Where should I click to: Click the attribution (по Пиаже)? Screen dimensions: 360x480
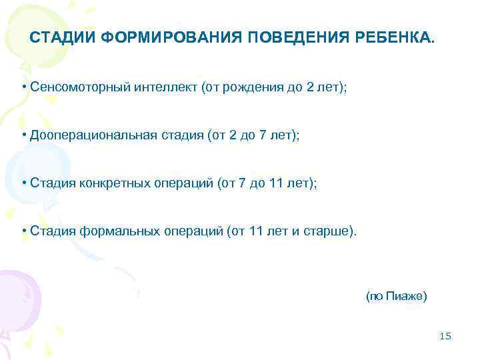tap(396, 295)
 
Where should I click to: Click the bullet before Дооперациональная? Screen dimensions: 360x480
tap(23, 135)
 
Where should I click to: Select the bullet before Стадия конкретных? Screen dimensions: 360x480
tap(23, 183)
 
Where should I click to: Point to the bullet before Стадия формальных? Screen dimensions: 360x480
tap(23, 231)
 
